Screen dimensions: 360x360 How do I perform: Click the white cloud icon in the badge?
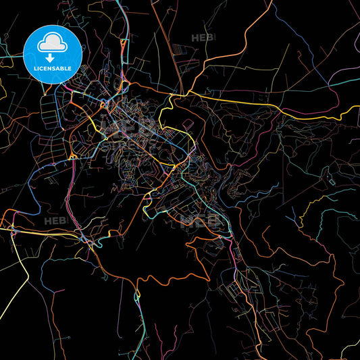[x=53, y=41]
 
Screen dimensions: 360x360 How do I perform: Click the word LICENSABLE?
[x=53, y=69]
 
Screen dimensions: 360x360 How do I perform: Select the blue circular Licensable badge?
[x=53, y=53]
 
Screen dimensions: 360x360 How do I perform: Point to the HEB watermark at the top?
[x=202, y=38]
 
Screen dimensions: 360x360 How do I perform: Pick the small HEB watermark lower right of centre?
[x=205, y=220]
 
